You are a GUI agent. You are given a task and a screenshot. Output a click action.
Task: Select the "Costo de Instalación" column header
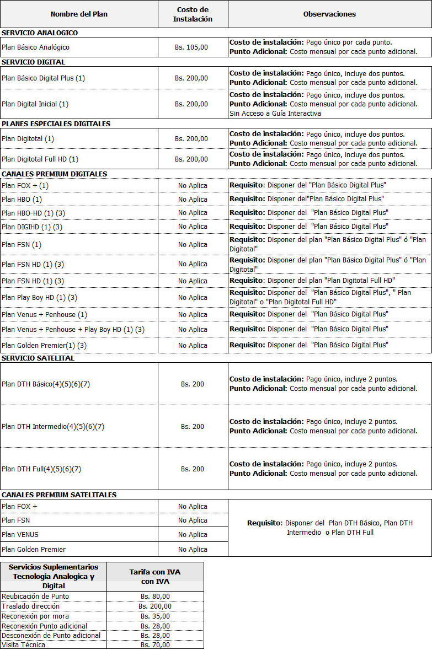tap(193, 14)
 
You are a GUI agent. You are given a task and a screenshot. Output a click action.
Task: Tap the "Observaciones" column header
tap(329, 14)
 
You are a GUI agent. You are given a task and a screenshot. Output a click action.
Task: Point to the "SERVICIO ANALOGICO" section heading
tap(40, 33)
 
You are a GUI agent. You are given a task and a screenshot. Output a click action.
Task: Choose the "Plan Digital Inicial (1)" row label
tap(35, 104)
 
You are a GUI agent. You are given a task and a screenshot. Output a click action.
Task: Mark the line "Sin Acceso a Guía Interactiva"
tap(275, 114)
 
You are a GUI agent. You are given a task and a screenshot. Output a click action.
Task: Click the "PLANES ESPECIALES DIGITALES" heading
tap(56, 124)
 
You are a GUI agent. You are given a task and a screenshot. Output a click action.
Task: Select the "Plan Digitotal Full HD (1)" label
tap(40, 159)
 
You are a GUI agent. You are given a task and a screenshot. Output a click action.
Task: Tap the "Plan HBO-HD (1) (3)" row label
tap(33, 213)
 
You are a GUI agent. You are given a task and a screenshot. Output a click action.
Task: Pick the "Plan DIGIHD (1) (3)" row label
tap(32, 227)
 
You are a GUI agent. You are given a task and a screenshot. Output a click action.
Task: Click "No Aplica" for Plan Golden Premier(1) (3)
tap(193, 346)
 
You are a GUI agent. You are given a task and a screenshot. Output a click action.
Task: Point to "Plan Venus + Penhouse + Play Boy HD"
tap(73, 330)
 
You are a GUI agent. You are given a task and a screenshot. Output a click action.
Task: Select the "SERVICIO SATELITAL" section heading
tap(38, 358)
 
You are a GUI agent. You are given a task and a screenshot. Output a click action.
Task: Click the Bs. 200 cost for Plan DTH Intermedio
tap(193, 427)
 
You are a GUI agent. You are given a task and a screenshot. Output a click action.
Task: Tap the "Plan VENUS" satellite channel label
tap(20, 535)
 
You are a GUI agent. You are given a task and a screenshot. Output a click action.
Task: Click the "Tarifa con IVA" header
tap(155, 572)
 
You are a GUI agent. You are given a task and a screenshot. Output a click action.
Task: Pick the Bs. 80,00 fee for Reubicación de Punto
tap(155, 597)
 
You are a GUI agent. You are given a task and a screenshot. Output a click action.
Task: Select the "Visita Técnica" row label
tap(24, 645)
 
